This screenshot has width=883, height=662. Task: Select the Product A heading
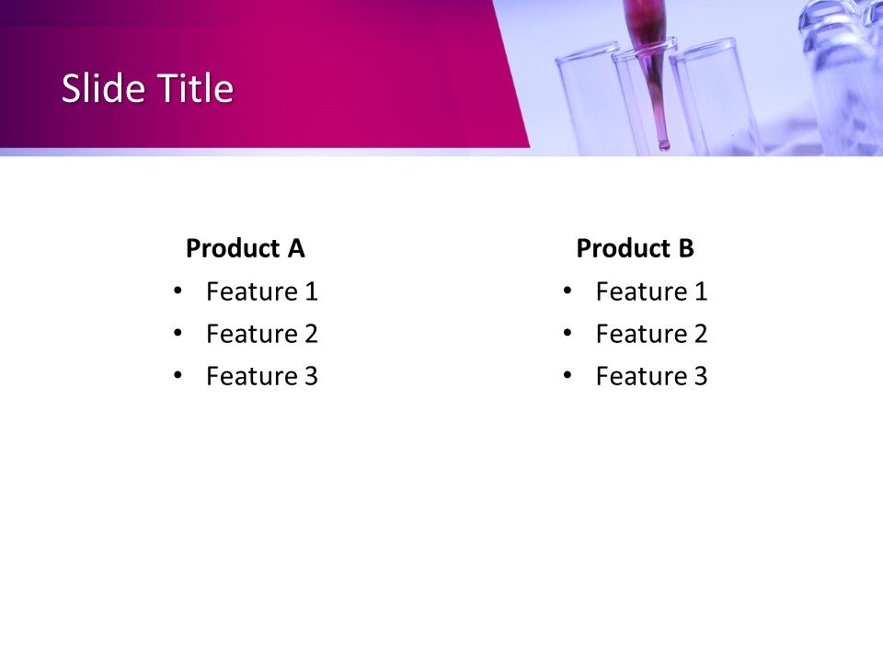(245, 248)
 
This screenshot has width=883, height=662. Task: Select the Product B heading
(635, 248)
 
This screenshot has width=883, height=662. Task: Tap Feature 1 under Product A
(261, 291)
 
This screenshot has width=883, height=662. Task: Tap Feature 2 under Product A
(261, 334)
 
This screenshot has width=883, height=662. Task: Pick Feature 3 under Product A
(261, 376)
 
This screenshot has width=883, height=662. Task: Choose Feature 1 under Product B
(651, 291)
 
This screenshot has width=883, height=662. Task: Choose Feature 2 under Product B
(651, 334)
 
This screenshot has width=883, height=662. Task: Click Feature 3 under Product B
(651, 376)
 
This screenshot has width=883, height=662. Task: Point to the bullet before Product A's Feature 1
(178, 291)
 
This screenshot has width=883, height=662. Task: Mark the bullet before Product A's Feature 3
(178, 375)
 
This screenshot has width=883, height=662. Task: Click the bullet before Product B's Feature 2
(567, 333)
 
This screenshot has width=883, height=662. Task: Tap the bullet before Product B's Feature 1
(567, 291)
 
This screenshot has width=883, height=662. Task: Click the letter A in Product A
(295, 248)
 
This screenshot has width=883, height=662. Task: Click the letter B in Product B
(685, 248)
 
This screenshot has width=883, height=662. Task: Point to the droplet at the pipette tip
(663, 143)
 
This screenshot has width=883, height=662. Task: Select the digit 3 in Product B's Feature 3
(700, 376)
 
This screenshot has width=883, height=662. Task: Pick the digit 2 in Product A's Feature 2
(310, 334)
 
